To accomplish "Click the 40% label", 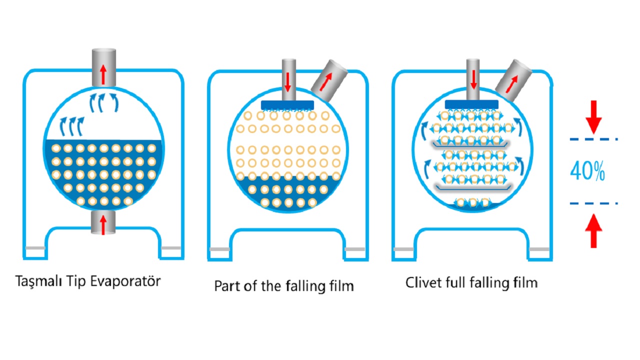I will click(587, 172).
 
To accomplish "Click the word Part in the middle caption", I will click(225, 286).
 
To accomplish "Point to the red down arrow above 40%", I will click(593, 115).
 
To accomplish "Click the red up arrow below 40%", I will click(593, 229).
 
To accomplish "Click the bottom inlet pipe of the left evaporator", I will click(103, 222).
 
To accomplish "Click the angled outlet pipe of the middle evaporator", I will click(329, 77).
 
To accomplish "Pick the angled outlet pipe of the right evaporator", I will click(513, 77).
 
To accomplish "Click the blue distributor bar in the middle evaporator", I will click(287, 105).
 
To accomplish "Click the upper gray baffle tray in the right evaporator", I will click(470, 145).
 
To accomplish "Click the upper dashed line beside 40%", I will click(593, 138).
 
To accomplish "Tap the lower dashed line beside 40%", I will click(593, 203).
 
